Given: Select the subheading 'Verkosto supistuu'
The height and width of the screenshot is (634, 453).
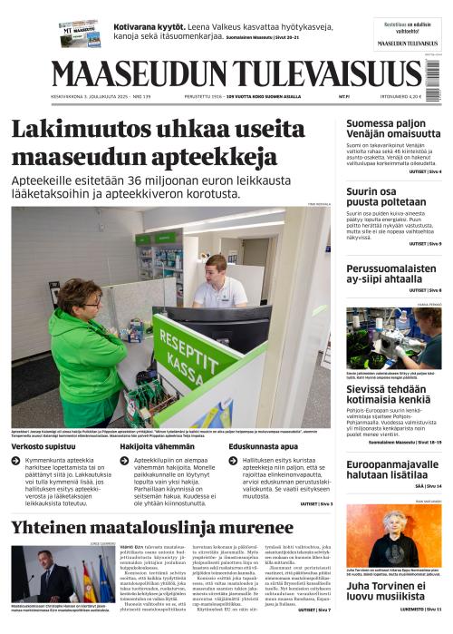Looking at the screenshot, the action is coord(45,446).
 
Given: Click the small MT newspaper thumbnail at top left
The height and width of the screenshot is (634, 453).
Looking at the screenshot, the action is coord(79,33).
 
